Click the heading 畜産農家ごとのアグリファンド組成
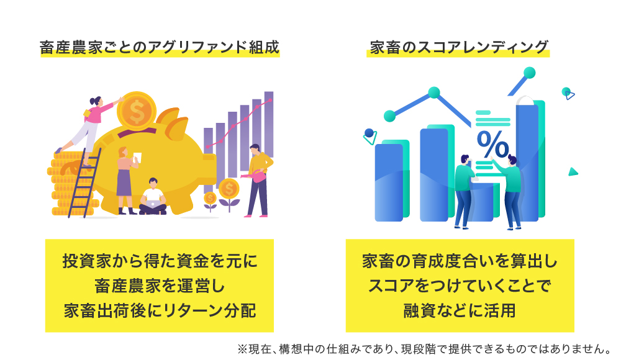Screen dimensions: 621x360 (x=160, y=48)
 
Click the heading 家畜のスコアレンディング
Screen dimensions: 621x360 (x=459, y=48)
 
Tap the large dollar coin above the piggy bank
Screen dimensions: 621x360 (x=137, y=112)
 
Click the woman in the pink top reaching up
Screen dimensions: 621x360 (x=88, y=127)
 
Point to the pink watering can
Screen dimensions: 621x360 (x=256, y=176)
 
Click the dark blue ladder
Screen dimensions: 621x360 (x=84, y=183)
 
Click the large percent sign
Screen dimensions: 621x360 (x=492, y=144)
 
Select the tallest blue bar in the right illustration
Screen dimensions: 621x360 (x=527, y=163)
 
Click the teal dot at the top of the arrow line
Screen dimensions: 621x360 (x=529, y=73)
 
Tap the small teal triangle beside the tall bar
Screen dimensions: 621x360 (x=573, y=172)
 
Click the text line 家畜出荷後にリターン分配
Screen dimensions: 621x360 (x=160, y=310)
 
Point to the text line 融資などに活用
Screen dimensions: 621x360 (x=460, y=310)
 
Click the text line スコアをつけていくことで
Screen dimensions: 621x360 (x=460, y=286)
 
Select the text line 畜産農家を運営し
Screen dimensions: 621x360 (x=160, y=286)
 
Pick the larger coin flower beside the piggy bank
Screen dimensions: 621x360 (x=229, y=194)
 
